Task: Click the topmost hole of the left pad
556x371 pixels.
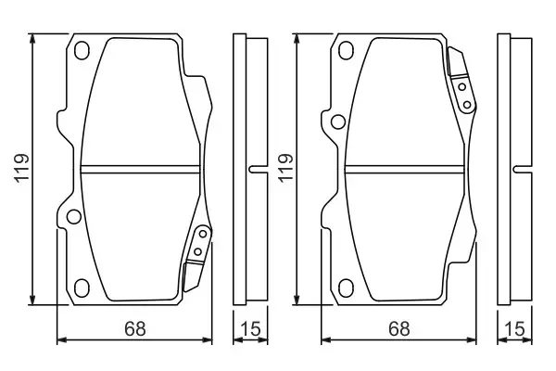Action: pyautogui.click(x=81, y=50)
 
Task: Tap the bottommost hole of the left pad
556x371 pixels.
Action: pyautogui.click(x=81, y=286)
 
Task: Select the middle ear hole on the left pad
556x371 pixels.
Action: pyautogui.click(x=73, y=217)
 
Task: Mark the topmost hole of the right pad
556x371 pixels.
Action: pyautogui.click(x=345, y=50)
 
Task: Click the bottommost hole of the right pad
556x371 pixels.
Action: pyautogui.click(x=345, y=286)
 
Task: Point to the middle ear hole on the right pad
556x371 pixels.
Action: pyautogui.click(x=338, y=120)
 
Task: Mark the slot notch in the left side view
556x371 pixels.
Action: pyautogui.click(x=255, y=168)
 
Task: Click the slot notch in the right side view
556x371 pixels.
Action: pyautogui.click(x=521, y=168)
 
